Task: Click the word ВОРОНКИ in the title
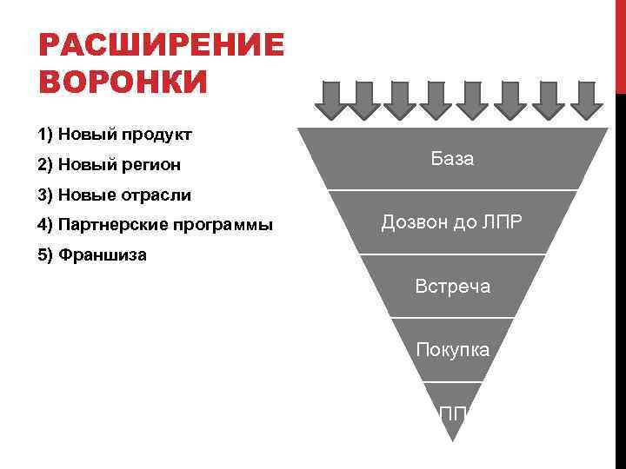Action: click(124, 83)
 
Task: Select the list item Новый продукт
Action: click(115, 135)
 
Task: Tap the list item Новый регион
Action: click(110, 164)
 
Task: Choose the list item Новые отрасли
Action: click(114, 195)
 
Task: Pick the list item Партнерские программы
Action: click(156, 225)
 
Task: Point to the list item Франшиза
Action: click(92, 255)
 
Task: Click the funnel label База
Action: click(452, 160)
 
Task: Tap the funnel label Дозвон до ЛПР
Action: click(452, 222)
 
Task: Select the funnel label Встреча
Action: click(452, 286)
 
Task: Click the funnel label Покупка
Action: click(452, 349)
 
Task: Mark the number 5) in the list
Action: click(46, 255)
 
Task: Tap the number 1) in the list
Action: click(46, 135)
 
